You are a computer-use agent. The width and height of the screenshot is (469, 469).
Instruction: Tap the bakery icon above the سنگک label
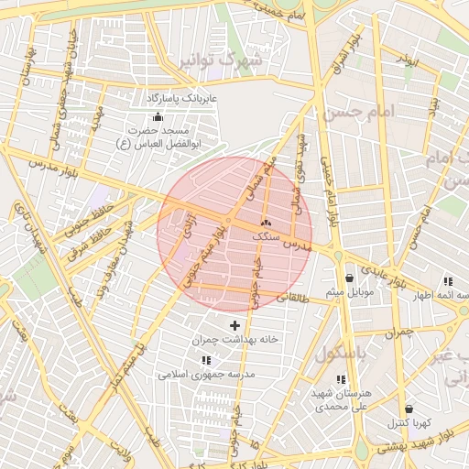click(267, 222)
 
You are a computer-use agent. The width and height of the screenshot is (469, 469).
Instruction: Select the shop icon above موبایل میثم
click(349, 278)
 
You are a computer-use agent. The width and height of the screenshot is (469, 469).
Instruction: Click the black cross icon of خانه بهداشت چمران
click(234, 324)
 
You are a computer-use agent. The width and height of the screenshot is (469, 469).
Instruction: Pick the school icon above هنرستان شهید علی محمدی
click(341, 379)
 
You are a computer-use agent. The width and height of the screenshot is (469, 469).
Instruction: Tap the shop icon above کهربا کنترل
click(408, 409)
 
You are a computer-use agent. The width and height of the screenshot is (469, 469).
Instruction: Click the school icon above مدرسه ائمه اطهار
click(447, 281)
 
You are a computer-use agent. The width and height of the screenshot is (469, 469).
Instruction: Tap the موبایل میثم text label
click(348, 291)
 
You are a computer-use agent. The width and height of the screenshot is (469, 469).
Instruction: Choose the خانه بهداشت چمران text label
click(234, 339)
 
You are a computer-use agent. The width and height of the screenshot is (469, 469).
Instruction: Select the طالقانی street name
click(295, 299)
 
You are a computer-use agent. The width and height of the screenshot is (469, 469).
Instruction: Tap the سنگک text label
click(267, 235)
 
